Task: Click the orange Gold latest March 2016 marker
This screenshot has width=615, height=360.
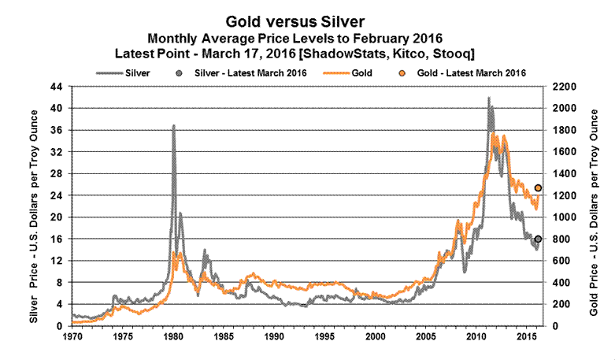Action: [538, 187]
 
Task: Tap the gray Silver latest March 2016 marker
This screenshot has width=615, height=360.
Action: [538, 239]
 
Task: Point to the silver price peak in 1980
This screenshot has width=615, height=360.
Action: [173, 126]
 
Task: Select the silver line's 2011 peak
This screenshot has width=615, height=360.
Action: [489, 98]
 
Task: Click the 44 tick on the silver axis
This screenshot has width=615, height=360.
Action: [57, 86]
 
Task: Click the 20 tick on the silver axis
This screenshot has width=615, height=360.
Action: [57, 217]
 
